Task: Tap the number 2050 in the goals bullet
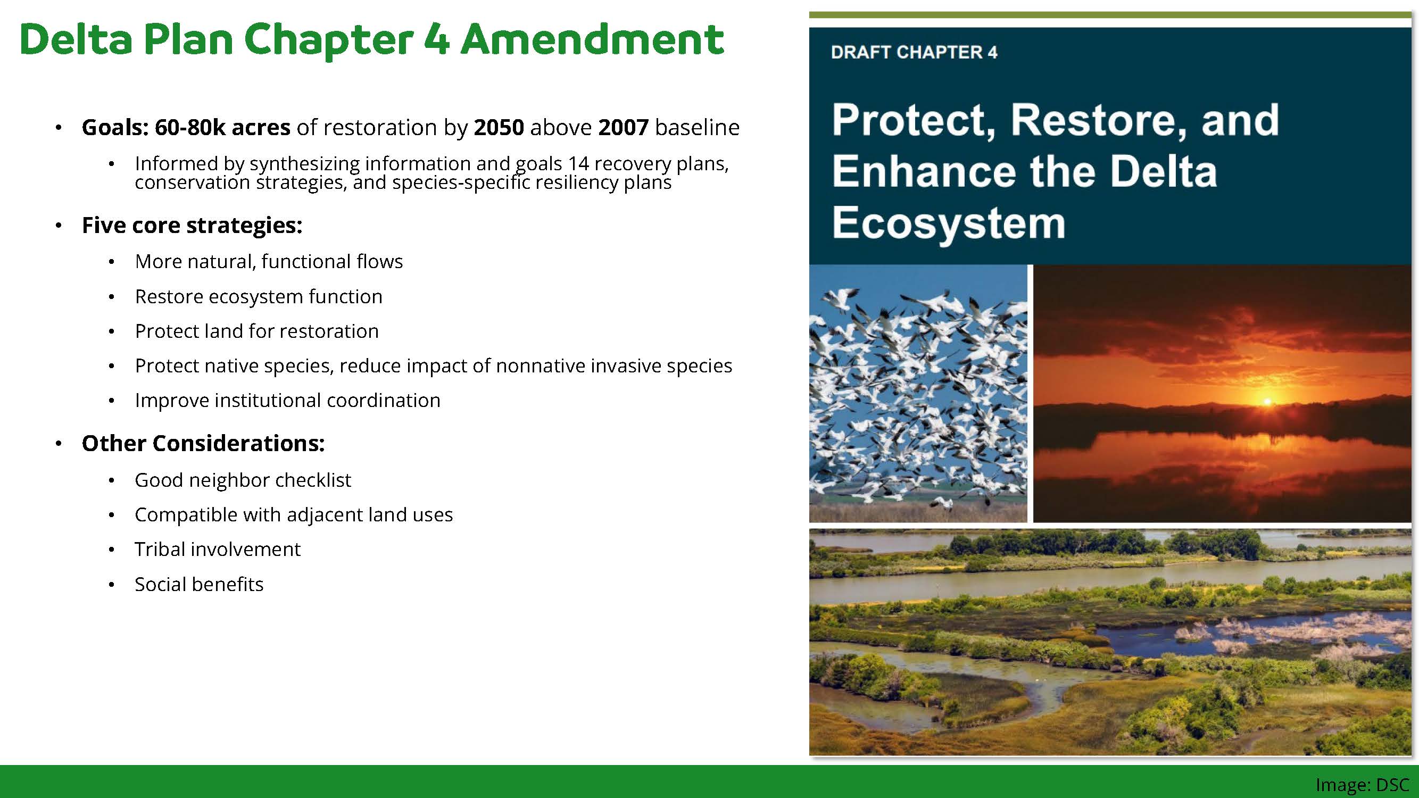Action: coord(499,127)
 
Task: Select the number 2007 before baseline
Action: coord(623,127)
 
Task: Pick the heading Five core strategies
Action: coord(192,225)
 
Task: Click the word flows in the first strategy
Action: coord(379,261)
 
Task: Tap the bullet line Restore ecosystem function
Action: coord(259,296)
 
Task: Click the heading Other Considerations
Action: coord(203,443)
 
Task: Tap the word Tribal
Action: coord(158,549)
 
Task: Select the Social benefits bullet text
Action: coord(199,584)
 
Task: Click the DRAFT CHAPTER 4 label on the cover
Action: coord(914,52)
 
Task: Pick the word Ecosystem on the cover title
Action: coord(948,223)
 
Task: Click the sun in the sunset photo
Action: coord(1267,401)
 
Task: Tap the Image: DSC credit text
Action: coord(1362,785)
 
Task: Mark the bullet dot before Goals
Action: coord(59,128)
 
